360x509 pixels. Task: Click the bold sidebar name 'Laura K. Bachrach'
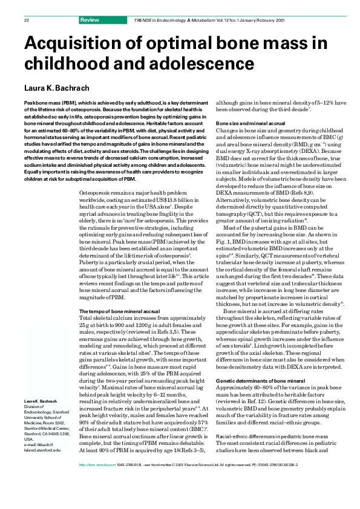click(40, 401)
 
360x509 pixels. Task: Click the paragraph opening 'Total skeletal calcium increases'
click(115, 317)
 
